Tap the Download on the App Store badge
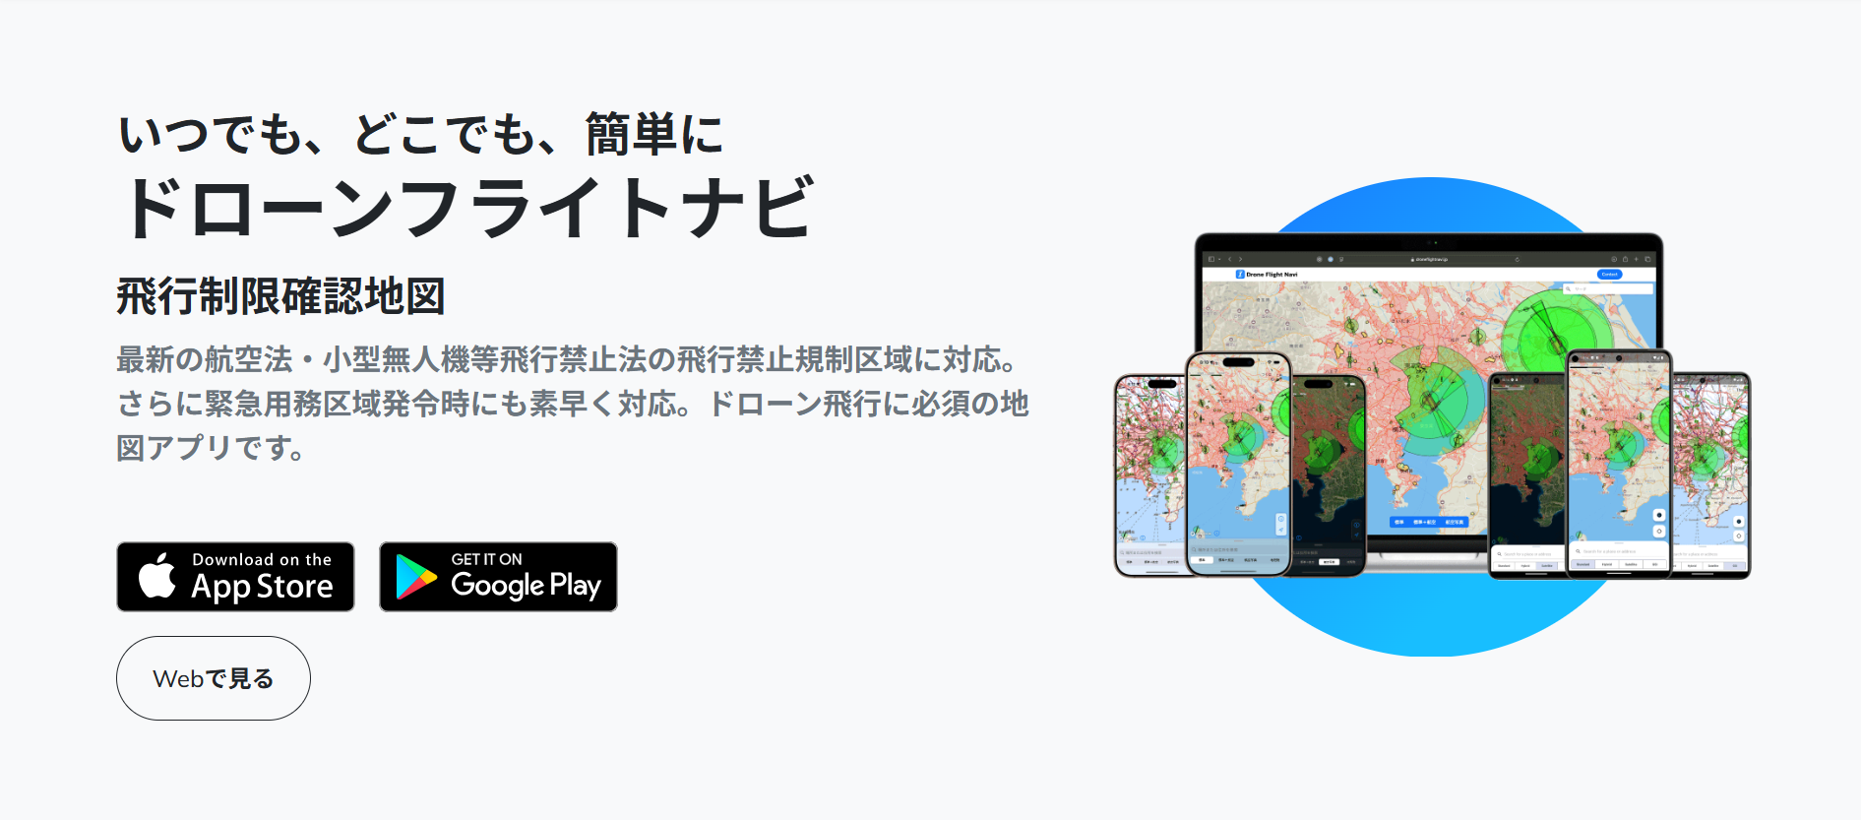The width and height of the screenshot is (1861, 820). pyautogui.click(x=235, y=577)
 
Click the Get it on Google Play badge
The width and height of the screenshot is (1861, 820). pyautogui.click(x=498, y=577)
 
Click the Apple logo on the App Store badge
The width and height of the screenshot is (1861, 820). pyautogui.click(x=157, y=576)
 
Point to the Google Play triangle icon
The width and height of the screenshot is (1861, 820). pyautogui.click(x=415, y=578)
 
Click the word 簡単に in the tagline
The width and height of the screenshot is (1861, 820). pyautogui.click(x=654, y=135)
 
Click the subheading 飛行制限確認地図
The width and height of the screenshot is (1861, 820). pyautogui.click(x=280, y=296)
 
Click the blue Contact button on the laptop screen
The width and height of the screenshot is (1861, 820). pyautogui.click(x=1609, y=275)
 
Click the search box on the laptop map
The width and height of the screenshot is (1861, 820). pyautogui.click(x=1608, y=288)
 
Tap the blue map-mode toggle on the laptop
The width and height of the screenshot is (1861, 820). pyautogui.click(x=1428, y=522)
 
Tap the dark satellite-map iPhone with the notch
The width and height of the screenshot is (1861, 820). pyautogui.click(x=1328, y=473)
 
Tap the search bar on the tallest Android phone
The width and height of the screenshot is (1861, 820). pyautogui.click(x=1618, y=551)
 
